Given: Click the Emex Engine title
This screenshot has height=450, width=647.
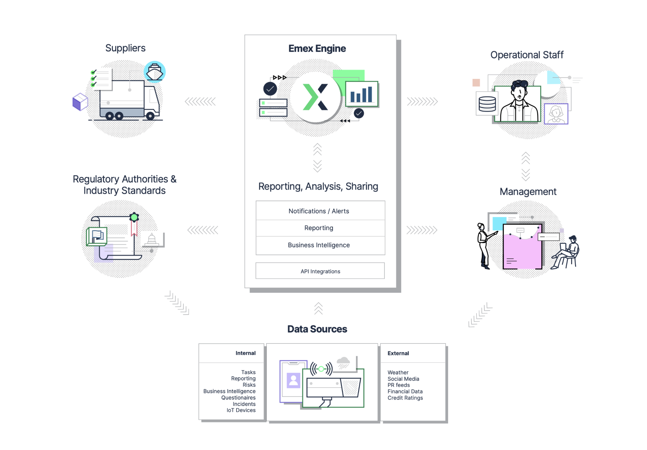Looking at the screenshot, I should (317, 49).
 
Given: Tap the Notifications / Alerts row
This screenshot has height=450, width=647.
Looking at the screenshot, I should (319, 211).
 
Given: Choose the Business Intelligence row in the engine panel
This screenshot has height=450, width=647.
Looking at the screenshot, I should (319, 245).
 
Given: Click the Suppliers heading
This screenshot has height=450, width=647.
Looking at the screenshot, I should (125, 48).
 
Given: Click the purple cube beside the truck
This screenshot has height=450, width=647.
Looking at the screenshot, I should (80, 101).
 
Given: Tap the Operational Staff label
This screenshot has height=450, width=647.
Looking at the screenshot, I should (527, 55).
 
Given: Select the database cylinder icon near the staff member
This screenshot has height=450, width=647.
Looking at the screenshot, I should (487, 104).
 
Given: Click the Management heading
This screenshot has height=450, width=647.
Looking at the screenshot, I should (528, 192).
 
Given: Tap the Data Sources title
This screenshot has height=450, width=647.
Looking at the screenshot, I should (317, 329).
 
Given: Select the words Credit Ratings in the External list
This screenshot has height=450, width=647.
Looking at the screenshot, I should (405, 398).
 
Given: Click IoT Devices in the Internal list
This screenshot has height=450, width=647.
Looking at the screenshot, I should (241, 410).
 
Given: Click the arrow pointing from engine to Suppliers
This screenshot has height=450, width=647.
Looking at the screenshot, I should (200, 101).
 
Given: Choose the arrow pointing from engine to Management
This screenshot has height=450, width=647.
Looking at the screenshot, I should (422, 230).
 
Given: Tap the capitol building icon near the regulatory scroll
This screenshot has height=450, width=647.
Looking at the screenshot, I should (152, 239).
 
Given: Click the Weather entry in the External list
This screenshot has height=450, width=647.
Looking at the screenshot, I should (398, 372).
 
